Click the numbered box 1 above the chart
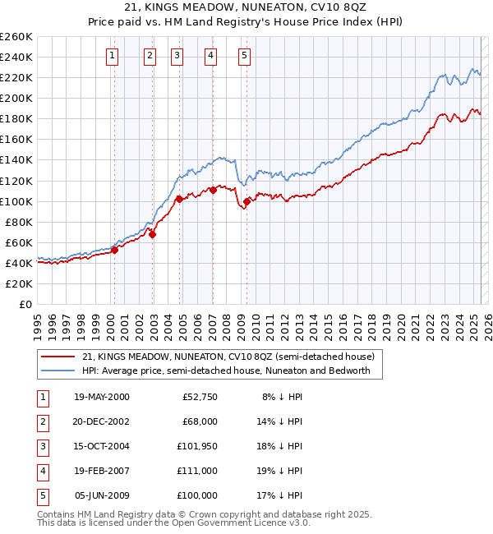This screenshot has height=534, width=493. (112, 56)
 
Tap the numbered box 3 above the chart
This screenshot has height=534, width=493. (177, 56)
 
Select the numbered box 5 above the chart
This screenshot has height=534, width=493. (245, 56)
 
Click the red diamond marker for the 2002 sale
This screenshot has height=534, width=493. (152, 234)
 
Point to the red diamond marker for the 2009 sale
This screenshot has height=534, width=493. (246, 201)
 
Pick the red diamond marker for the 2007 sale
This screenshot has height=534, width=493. (213, 190)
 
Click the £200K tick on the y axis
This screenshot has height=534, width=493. (16, 98)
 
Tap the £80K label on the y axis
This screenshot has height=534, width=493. (19, 222)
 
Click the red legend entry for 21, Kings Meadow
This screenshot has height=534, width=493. (228, 357)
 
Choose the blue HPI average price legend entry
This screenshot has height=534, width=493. (226, 371)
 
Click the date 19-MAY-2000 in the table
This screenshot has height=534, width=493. (102, 397)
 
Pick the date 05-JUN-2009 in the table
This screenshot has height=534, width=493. (102, 495)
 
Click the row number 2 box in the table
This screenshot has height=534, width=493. (42, 421)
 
